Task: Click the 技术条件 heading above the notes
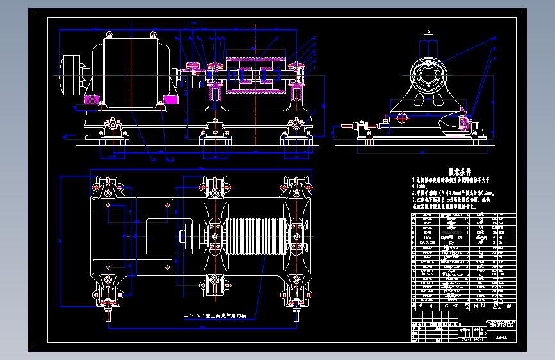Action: [459, 172]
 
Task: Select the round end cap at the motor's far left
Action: [70, 75]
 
